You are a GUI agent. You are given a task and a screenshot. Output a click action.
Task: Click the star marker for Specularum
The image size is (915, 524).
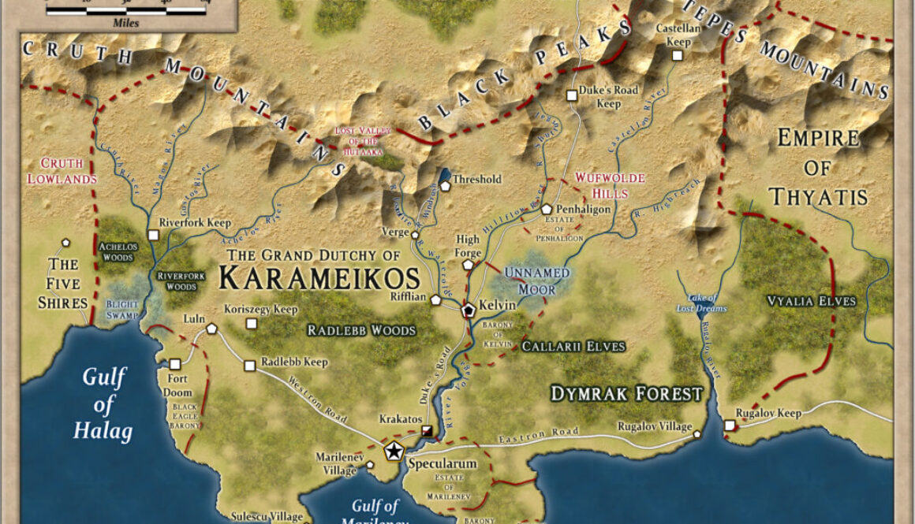point(393,452)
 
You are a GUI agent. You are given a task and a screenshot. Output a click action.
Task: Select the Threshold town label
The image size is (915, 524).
point(476,179)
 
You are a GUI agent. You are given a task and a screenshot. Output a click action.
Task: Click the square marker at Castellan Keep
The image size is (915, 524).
point(677,55)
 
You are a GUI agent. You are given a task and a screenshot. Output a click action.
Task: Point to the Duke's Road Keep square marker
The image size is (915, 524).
point(571,95)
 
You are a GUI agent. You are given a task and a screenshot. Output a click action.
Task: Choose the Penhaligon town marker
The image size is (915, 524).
point(546,210)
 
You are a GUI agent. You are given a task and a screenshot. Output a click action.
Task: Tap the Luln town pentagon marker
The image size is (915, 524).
point(211,328)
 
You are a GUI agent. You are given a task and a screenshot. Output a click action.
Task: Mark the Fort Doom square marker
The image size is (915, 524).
point(174,364)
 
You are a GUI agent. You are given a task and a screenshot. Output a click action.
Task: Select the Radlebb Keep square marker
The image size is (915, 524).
point(249,365)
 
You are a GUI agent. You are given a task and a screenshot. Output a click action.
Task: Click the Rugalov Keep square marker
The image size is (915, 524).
point(730,426)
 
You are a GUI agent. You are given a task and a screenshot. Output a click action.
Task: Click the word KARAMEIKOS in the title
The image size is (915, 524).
point(319,277)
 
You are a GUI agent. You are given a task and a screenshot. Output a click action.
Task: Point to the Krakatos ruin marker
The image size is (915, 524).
point(427,430)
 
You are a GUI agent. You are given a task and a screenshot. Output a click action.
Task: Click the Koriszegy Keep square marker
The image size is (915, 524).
point(252,323)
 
